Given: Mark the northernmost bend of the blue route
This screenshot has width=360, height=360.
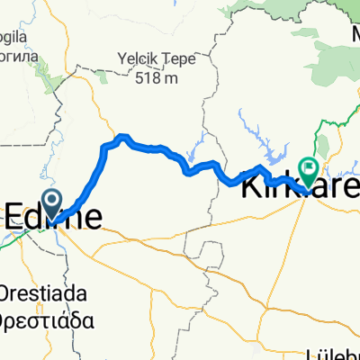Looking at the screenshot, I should [x=123, y=137].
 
